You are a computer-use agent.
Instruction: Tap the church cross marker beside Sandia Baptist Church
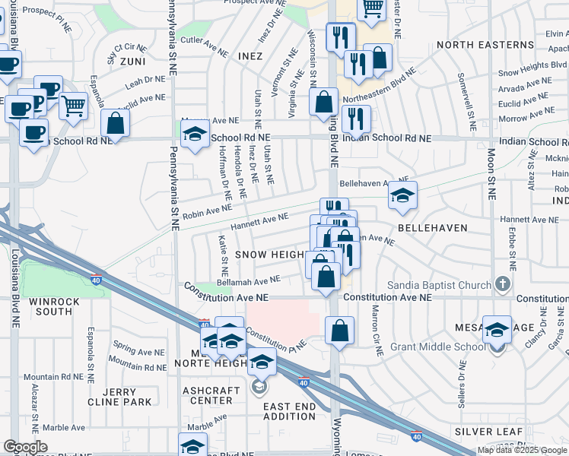502,285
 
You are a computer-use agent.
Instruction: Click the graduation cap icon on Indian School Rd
195,135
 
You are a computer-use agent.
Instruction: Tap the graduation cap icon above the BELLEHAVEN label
402,195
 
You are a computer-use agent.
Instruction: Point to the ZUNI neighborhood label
132,61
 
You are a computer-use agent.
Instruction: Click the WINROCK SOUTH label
50,306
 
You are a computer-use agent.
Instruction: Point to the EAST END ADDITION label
289,411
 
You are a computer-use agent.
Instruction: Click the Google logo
25,447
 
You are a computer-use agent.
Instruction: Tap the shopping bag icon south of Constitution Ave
339,331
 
